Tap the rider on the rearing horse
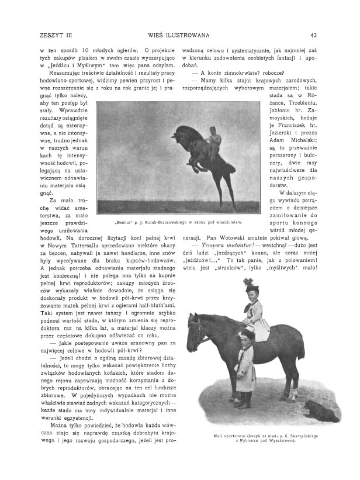tap(214, 142)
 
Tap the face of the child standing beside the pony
tap(244, 339)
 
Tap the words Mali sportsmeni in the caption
tap(230, 436)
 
